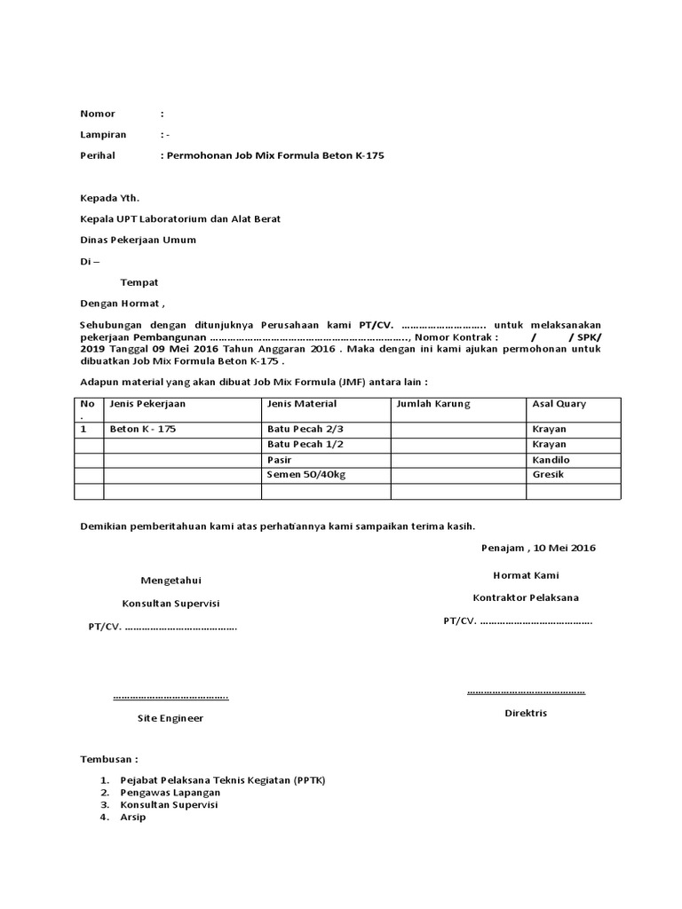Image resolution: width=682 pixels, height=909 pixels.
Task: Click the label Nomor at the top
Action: pyautogui.click(x=98, y=114)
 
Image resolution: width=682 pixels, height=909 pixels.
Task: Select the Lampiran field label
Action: pyautogui.click(x=103, y=135)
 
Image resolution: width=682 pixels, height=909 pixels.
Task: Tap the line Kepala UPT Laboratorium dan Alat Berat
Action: pyautogui.click(x=180, y=218)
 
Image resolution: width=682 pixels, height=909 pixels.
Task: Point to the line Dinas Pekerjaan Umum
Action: pyautogui.click(x=138, y=240)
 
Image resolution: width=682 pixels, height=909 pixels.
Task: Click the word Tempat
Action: pyautogui.click(x=139, y=282)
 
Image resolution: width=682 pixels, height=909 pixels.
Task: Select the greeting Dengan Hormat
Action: pyautogui.click(x=123, y=304)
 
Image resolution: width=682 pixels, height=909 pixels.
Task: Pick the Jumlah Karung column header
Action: pyautogui.click(x=433, y=404)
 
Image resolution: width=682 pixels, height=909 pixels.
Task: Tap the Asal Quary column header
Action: pyautogui.click(x=559, y=404)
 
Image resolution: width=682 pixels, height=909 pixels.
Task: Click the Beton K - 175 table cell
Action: pyautogui.click(x=143, y=429)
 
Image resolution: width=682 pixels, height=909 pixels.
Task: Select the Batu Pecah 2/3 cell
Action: pyautogui.click(x=305, y=429)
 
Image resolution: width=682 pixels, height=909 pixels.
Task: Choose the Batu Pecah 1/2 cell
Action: pyautogui.click(x=305, y=444)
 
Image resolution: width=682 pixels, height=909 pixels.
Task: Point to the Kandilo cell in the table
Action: pyautogui.click(x=551, y=460)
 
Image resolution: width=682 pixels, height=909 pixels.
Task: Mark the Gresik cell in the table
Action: pyautogui.click(x=548, y=475)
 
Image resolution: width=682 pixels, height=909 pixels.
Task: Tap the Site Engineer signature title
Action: pyautogui.click(x=170, y=718)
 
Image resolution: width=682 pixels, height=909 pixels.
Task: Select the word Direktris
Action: pyautogui.click(x=526, y=713)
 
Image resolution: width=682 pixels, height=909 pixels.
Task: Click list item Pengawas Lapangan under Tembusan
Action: pyautogui.click(x=170, y=792)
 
